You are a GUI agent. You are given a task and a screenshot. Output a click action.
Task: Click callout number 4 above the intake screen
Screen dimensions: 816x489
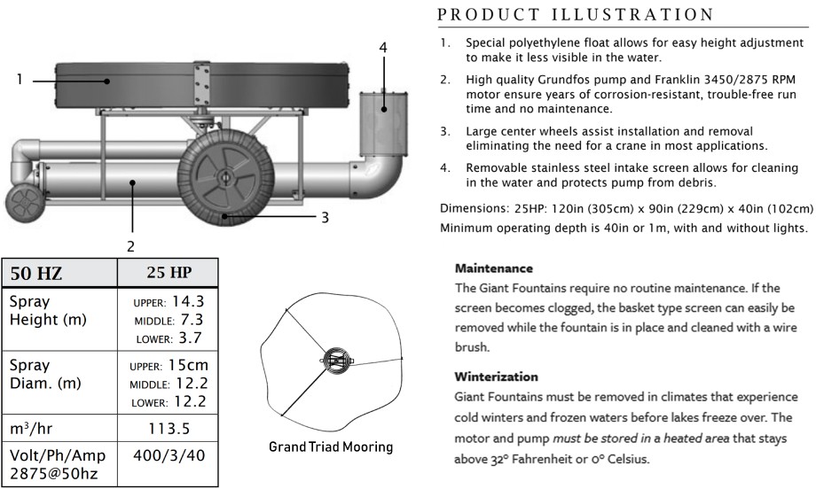[383, 48]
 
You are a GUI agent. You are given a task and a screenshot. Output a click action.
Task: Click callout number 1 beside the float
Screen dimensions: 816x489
[20, 80]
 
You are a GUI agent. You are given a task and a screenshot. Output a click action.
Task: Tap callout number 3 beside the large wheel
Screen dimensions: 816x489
[325, 217]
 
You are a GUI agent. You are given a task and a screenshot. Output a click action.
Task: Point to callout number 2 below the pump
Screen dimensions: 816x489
[130, 246]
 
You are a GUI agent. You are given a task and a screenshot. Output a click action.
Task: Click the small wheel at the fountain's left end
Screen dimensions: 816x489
[22, 202]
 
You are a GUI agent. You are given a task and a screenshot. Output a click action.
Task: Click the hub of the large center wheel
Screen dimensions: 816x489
[224, 178]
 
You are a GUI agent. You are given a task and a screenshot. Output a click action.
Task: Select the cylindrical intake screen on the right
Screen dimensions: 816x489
[383, 124]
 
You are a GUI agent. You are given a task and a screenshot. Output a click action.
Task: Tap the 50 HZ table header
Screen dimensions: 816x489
[35, 274]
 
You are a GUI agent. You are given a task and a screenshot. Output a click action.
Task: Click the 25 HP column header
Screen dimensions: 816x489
[169, 272]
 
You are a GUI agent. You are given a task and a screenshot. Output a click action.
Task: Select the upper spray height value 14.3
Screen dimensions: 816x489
[188, 302]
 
